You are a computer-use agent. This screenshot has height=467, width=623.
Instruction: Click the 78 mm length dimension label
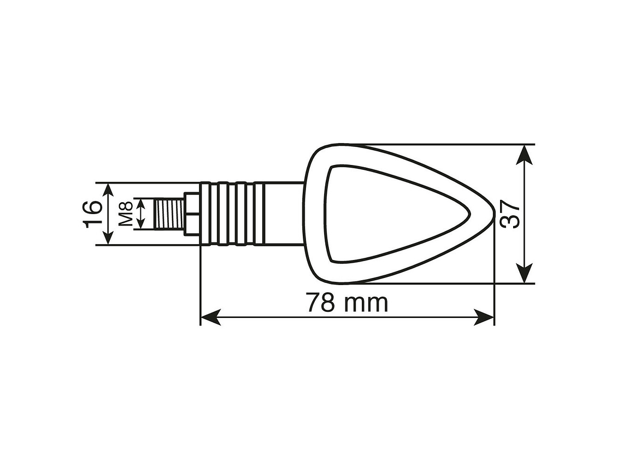point(346,302)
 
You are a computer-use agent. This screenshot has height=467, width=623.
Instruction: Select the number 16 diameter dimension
point(93,214)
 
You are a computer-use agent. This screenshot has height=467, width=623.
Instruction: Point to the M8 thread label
point(126,214)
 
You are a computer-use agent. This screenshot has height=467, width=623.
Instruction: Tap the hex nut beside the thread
point(192,214)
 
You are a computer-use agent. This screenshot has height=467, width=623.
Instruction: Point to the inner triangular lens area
point(383,214)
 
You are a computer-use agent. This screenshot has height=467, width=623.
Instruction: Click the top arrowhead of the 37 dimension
point(525,153)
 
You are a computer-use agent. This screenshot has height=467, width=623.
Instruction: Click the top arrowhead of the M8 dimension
point(141,203)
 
